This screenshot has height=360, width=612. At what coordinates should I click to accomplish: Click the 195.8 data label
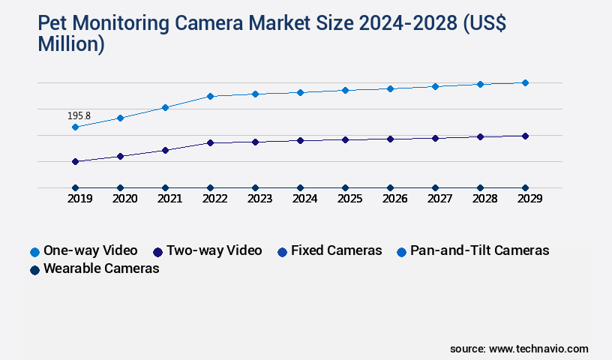[x=79, y=116]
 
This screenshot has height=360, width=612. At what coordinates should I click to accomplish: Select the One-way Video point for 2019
[x=75, y=127]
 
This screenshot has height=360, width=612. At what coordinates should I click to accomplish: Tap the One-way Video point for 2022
[x=210, y=96]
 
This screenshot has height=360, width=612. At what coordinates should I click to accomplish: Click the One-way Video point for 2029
[x=525, y=82]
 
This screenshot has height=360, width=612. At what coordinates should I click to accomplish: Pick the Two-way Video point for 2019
[x=75, y=161]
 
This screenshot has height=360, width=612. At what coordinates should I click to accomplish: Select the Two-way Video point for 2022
[x=210, y=142]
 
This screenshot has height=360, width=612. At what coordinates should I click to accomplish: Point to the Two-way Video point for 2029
[x=525, y=136]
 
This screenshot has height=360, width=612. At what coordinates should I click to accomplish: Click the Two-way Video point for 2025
[x=345, y=139]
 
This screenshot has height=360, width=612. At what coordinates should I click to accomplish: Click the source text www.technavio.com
[x=538, y=349]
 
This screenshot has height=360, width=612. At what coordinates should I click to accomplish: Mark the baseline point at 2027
[x=435, y=187]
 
